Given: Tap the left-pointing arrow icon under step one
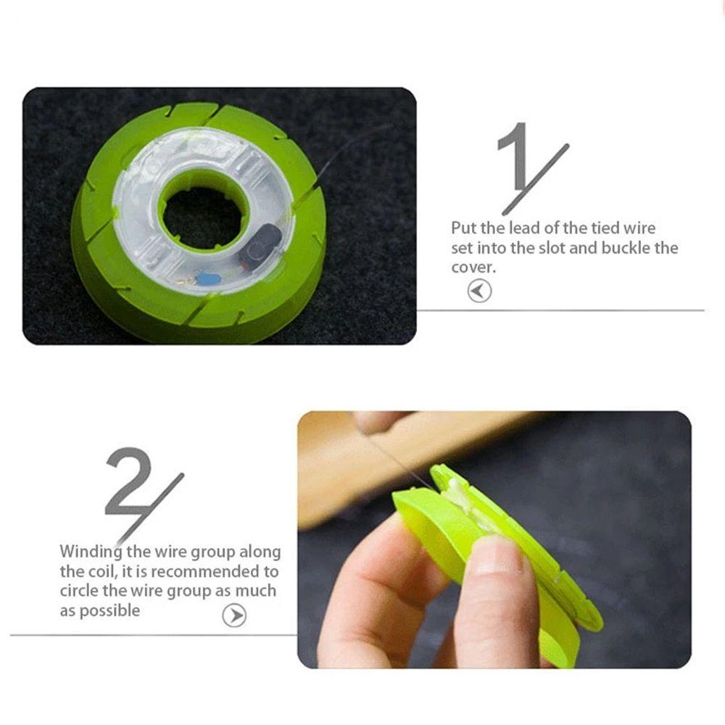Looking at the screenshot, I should (x=479, y=291).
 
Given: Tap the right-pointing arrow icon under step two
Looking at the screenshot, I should (x=234, y=616).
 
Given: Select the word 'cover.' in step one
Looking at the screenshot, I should (x=473, y=268).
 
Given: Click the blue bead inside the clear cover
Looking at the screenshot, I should (x=209, y=278).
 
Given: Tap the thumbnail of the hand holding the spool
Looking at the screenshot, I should (x=494, y=539).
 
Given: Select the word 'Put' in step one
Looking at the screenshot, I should (x=463, y=228).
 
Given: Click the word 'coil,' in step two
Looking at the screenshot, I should (x=103, y=572).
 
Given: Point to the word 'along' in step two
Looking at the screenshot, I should (x=260, y=552).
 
